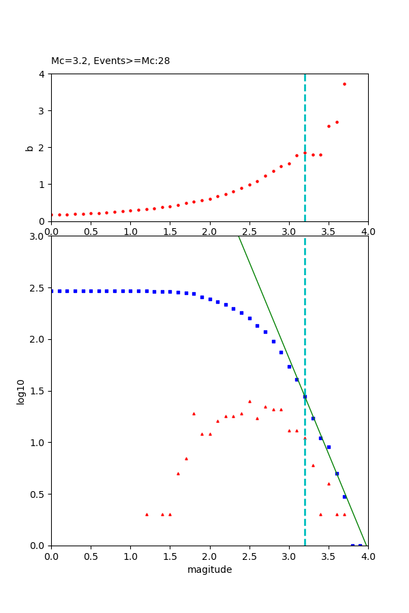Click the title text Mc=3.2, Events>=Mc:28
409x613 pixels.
[x=110, y=61]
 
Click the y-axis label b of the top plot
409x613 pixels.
[x=29, y=147]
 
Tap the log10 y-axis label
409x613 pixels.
[x=20, y=391]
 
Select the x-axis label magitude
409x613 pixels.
[x=209, y=569]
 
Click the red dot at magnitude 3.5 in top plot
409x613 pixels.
[x=329, y=126]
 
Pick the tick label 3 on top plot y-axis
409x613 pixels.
[x=42, y=110]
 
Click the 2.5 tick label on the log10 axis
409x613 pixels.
[x=37, y=287]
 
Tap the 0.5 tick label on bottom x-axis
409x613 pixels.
[x=91, y=556]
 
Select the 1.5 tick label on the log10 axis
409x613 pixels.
[x=37, y=391]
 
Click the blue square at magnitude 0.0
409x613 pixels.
[x=52, y=291]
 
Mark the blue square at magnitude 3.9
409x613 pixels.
[x=360, y=545]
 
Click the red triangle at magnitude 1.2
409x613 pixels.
[x=147, y=514]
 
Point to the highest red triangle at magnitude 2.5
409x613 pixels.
[x=249, y=401]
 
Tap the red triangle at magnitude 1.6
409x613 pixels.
[x=178, y=473]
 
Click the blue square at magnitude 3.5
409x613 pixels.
[x=329, y=447]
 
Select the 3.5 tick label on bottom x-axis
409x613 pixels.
[x=329, y=556]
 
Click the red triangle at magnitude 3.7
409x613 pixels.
[x=344, y=514]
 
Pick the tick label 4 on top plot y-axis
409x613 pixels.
[x=42, y=74]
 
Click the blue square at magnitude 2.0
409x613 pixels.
[x=210, y=299]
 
